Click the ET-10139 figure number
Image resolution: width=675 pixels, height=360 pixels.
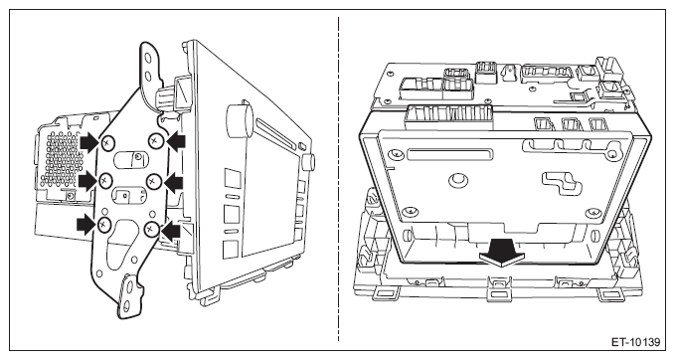point(635,342)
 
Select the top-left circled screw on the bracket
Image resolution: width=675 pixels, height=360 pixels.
point(107,142)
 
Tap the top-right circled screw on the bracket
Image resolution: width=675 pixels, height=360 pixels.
point(155,140)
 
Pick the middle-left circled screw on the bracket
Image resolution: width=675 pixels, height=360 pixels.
point(105,181)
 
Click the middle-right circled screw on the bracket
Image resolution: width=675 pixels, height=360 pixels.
point(152,182)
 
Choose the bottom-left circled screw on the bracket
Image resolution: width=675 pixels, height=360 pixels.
point(104,224)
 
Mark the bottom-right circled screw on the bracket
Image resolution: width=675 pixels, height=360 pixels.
point(150,228)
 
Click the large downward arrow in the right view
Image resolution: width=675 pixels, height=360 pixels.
point(502,253)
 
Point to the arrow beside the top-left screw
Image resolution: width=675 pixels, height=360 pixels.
point(89,141)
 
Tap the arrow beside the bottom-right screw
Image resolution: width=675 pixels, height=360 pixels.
point(170,231)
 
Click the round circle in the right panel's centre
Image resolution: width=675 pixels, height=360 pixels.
point(458,179)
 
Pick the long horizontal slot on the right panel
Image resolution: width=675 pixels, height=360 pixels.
point(449,154)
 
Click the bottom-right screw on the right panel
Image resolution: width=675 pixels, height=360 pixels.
point(593,212)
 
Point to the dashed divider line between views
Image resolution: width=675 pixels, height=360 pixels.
point(338,179)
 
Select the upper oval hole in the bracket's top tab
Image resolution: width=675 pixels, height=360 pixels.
point(148,58)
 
